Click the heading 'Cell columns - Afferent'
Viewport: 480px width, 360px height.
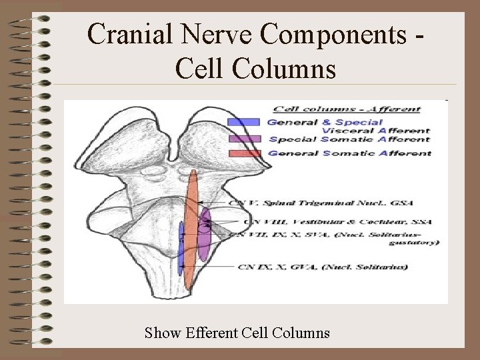pos(348,109)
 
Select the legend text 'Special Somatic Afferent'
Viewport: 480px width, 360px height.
pos(349,140)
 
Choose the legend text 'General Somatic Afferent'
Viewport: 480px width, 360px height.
pos(349,153)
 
